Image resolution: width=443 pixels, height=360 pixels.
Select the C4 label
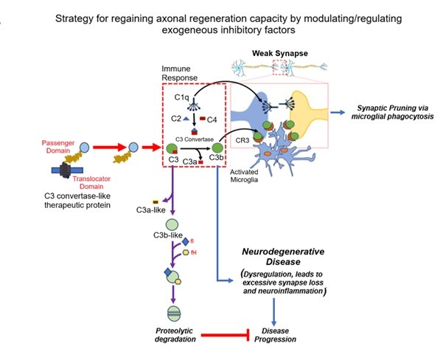point(211,119)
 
